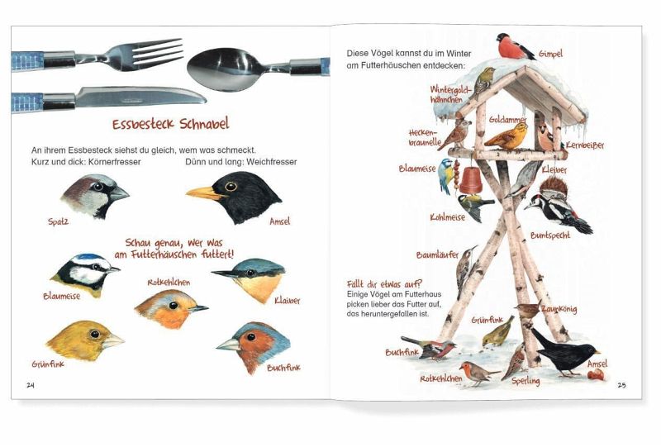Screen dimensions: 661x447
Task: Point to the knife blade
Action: tap(140, 96)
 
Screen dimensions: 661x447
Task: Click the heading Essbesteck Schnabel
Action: tap(171, 124)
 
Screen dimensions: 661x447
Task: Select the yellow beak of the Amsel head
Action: tap(203, 193)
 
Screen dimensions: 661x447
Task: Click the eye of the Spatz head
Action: tap(98, 186)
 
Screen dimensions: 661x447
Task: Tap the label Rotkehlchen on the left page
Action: tap(169, 283)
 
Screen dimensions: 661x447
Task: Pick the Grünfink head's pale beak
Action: tap(112, 340)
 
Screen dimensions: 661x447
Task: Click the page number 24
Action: tap(31, 385)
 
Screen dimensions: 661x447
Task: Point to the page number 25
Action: tap(621, 385)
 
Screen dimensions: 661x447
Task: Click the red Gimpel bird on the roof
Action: tap(514, 46)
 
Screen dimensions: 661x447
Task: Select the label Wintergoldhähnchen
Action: tap(450, 94)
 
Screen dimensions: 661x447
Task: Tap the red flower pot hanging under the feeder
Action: tap(471, 180)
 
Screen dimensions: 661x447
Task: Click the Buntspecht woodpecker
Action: tap(557, 206)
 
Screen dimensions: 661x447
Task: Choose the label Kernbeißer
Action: tap(585, 145)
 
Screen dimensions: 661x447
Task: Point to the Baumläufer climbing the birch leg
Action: tap(465, 267)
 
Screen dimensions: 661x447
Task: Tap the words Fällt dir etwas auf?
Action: tap(384, 283)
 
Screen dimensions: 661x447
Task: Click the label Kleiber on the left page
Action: tap(287, 301)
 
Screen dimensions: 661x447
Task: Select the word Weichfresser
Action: tap(272, 162)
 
